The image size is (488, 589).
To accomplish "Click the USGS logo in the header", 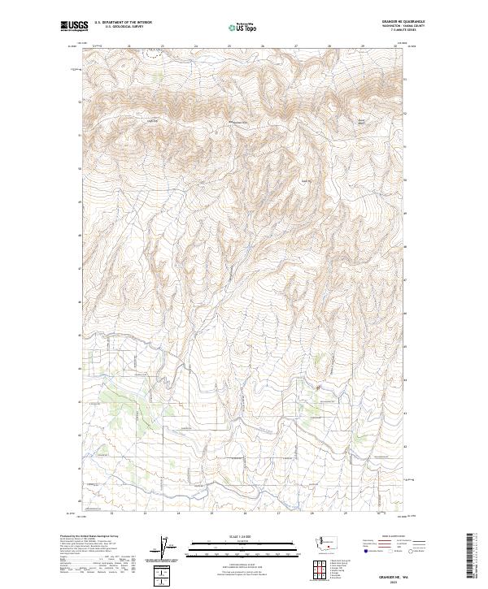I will click(x=74, y=27).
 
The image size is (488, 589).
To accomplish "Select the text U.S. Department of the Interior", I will click(x=121, y=24).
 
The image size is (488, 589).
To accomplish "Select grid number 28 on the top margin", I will click(x=329, y=45).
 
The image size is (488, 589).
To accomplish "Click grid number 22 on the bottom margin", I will click(x=111, y=513).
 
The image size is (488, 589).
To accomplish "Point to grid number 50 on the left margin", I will click(x=79, y=169).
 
